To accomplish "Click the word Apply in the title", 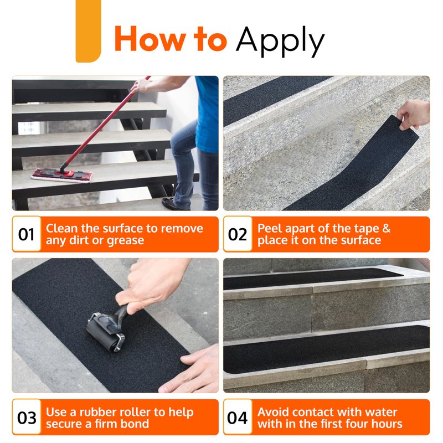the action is pyautogui.click(x=280, y=41).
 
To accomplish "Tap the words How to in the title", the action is pyautogui.click(x=171, y=39).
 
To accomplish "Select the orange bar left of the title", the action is pyautogui.click(x=88, y=31).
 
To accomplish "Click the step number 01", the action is pyautogui.click(x=26, y=234).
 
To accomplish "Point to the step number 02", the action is pyautogui.click(x=238, y=234).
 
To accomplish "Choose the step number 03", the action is pyautogui.click(x=27, y=418).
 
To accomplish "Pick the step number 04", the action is pyautogui.click(x=238, y=418).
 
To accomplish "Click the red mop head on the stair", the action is pyautogui.click(x=61, y=175).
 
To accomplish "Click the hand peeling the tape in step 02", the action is pyautogui.click(x=414, y=115).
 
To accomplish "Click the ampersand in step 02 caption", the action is pyautogui.click(x=386, y=228).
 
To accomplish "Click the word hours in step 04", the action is pyautogui.click(x=386, y=424).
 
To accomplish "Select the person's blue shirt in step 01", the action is pyautogui.click(x=207, y=113).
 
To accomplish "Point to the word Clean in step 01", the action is pyautogui.click(x=61, y=228).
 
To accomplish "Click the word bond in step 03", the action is pyautogui.click(x=135, y=424).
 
